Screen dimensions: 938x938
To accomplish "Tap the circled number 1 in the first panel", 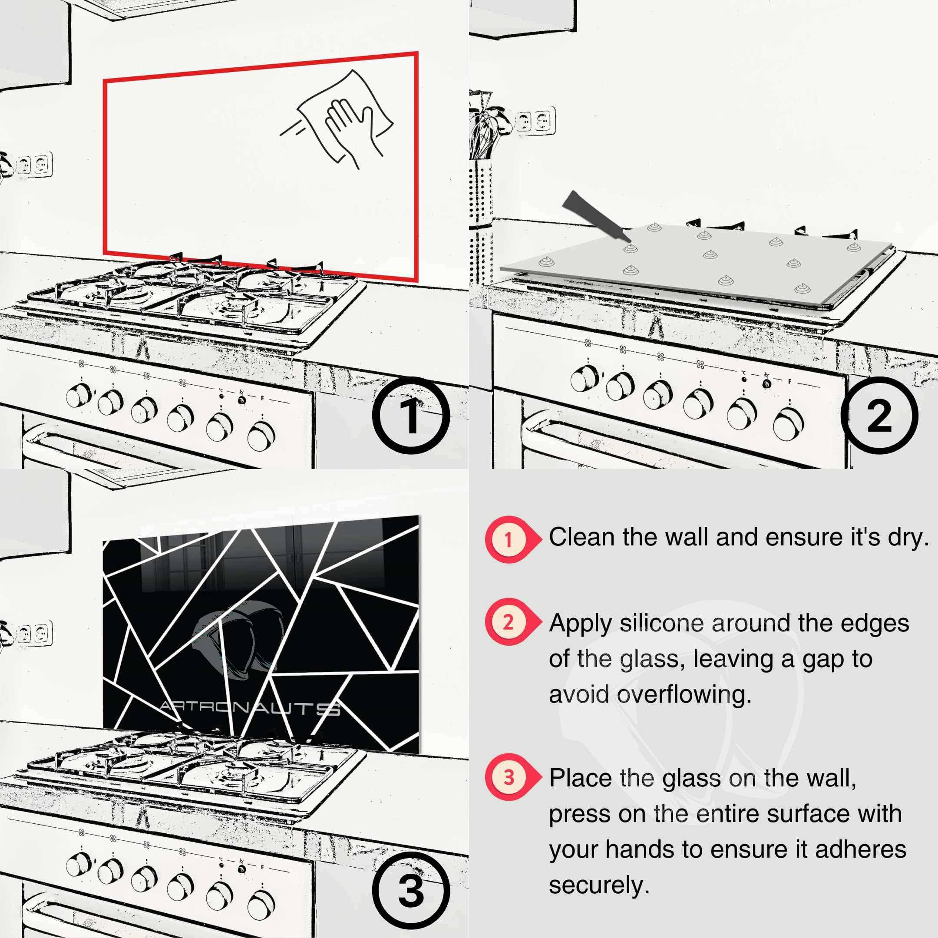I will [411, 416].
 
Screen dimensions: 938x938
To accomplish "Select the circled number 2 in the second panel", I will [879, 416].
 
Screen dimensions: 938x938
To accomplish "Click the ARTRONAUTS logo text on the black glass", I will [250, 708].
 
